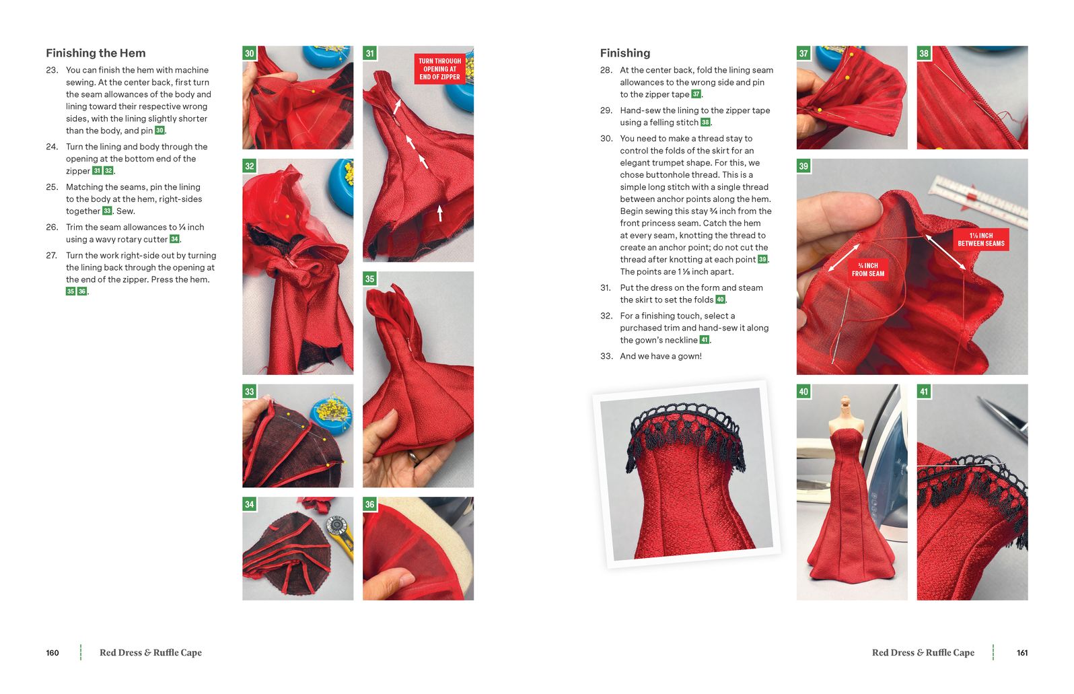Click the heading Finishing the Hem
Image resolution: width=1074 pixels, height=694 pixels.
pyautogui.click(x=96, y=53)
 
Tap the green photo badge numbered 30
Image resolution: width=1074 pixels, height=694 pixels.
pyautogui.click(x=249, y=53)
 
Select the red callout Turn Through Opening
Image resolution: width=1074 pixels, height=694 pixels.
pyautogui.click(x=439, y=69)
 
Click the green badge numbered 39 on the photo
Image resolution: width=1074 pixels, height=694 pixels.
pyautogui.click(x=803, y=166)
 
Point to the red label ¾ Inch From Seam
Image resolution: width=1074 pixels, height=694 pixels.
pyautogui.click(x=868, y=269)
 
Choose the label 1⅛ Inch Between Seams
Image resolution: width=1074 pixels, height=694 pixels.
pyautogui.click(x=981, y=240)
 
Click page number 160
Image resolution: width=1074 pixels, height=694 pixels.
pyautogui.click(x=52, y=653)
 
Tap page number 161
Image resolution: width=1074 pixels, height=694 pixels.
pyautogui.click(x=1022, y=653)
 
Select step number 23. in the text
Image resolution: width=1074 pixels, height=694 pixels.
pyautogui.click(x=52, y=70)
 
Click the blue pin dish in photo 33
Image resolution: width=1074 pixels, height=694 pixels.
pyautogui.click(x=332, y=413)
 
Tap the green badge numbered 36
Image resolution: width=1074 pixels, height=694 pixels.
pyautogui.click(x=369, y=504)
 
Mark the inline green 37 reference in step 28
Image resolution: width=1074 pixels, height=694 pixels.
pyautogui.click(x=696, y=94)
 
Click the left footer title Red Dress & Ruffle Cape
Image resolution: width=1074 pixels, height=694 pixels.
pyautogui.click(x=151, y=653)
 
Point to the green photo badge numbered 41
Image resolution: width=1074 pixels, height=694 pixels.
pyautogui.click(x=924, y=391)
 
